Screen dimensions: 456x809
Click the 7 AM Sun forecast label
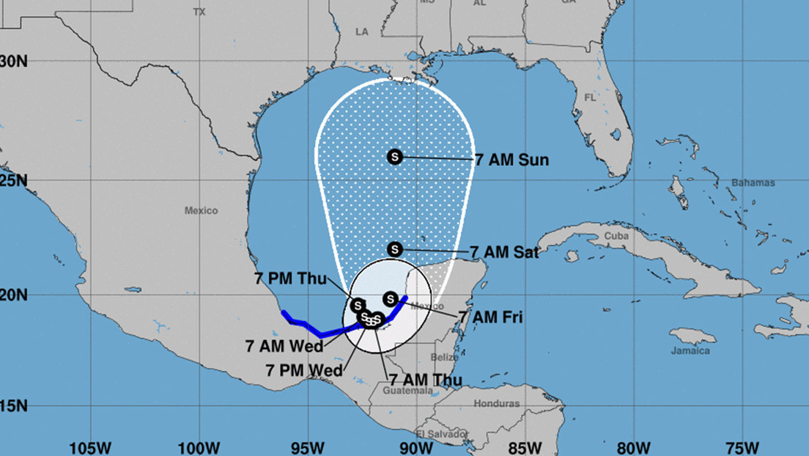click(511, 160)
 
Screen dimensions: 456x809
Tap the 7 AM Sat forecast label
click(504, 252)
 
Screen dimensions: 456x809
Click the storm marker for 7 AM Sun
click(395, 156)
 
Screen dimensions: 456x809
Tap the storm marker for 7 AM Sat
click(395, 249)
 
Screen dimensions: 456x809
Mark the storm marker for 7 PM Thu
click(358, 305)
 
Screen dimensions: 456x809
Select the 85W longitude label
click(526, 447)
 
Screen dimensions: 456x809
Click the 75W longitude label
click(741, 447)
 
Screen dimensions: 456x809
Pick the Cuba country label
click(617, 236)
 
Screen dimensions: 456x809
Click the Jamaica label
click(690, 350)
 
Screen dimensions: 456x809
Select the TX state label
click(199, 12)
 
